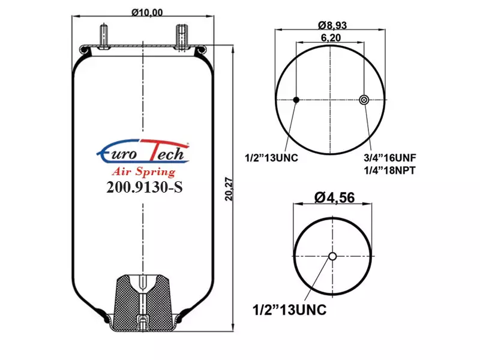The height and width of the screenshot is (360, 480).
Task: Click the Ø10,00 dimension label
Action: [147, 13]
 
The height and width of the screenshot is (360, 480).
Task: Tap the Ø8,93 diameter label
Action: [332, 25]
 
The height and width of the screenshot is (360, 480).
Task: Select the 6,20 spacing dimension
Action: [331, 38]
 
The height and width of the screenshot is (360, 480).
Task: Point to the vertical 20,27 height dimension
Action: [229, 189]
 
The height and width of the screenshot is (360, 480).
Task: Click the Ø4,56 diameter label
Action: [335, 197]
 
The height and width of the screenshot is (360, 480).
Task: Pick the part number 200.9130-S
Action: [145, 187]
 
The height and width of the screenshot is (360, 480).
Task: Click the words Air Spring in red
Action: [144, 172]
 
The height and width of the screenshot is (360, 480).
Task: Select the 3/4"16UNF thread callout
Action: [389, 158]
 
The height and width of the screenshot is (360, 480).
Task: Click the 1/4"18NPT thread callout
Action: [389, 170]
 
